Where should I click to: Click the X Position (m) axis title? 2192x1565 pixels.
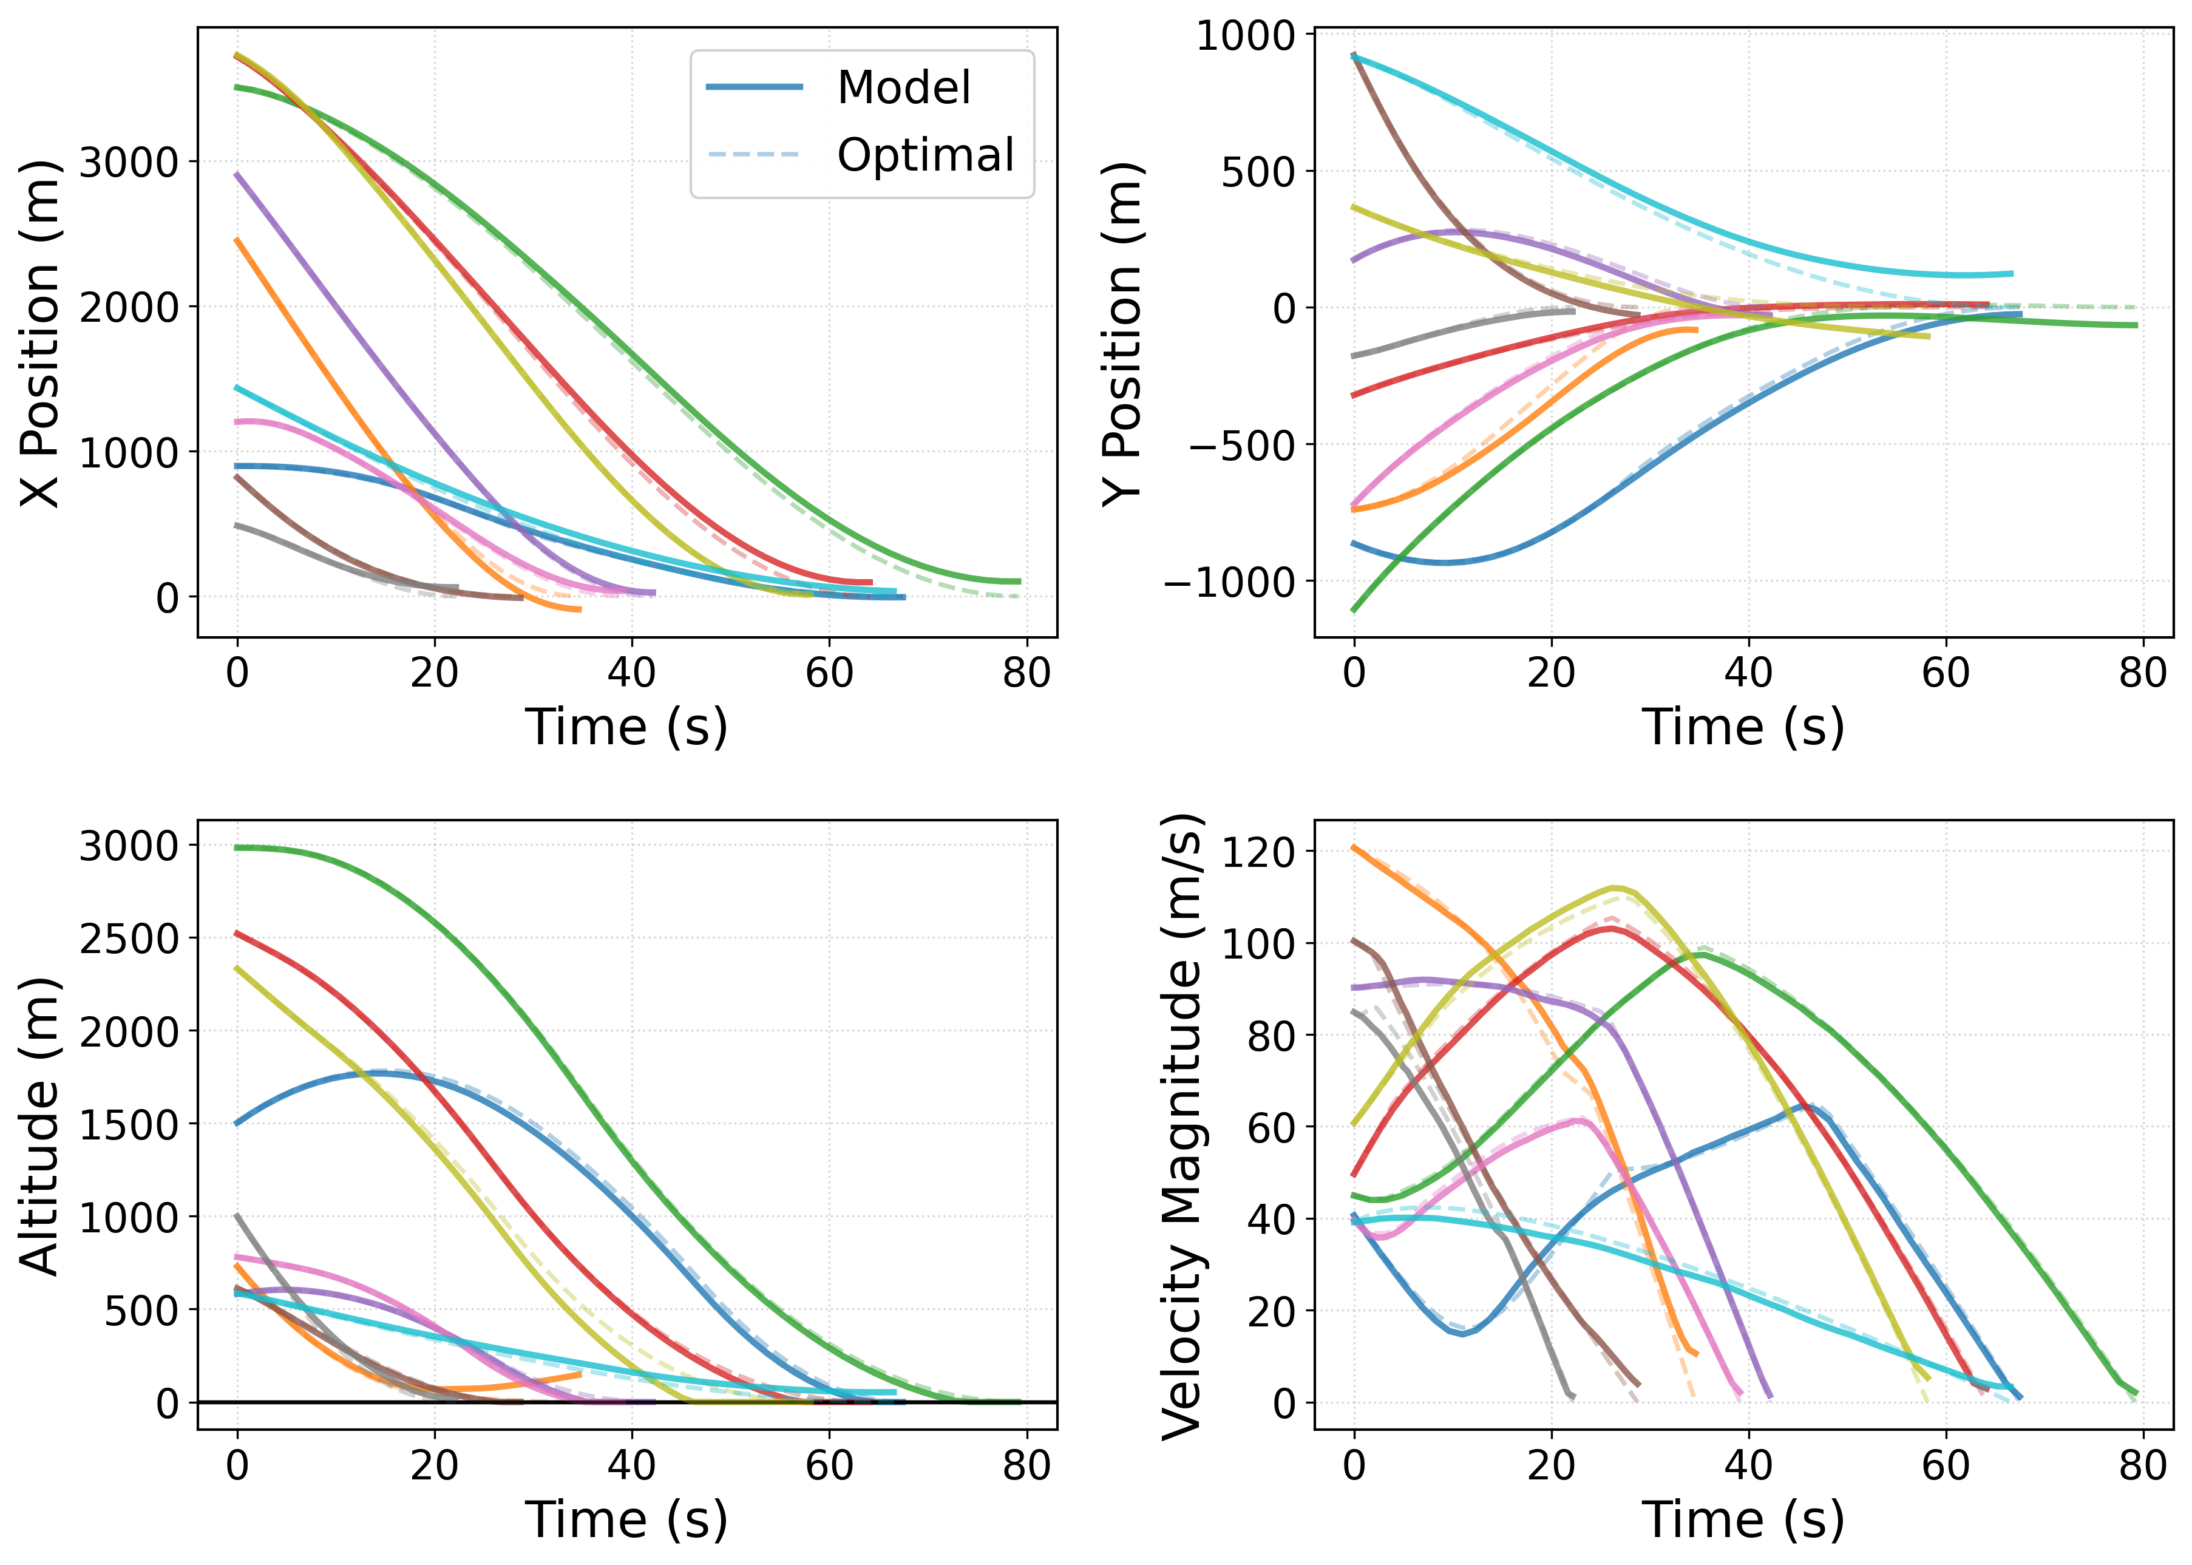[x=41, y=333]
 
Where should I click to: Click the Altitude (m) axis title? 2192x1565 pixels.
[x=41, y=1125]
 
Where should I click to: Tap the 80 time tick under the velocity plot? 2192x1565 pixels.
[x=2143, y=1465]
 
